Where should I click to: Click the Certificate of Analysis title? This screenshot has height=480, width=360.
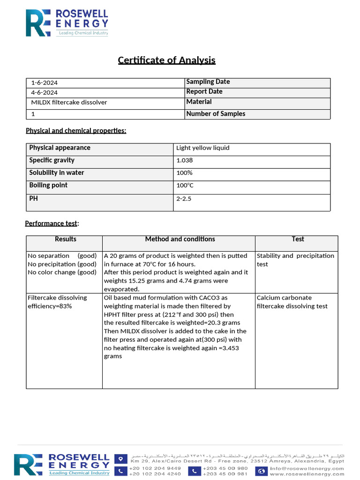pos(166,60)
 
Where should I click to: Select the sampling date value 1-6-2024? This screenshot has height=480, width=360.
pos(45,83)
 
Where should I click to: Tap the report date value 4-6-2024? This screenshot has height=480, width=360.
pos(45,93)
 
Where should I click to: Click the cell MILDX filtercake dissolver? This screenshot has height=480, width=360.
pos(69,103)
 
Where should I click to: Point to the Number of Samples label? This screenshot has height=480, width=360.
pos(216,114)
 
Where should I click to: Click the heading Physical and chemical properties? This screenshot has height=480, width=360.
pos(76,131)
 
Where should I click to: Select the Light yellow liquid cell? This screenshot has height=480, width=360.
pos(202,148)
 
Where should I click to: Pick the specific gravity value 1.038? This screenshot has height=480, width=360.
pos(184,160)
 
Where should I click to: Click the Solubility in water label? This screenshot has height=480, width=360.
pos(57,173)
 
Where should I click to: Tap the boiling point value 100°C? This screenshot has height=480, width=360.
pos(185,186)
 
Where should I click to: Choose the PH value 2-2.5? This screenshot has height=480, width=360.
pos(184,199)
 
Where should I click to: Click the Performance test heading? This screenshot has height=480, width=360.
pos(52,224)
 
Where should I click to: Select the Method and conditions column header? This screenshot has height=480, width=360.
pos(180,240)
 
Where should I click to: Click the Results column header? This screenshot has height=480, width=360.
pos(66,240)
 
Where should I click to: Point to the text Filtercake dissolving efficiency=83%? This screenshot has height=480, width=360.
pos(57,302)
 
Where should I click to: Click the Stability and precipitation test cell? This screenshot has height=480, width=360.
pos(295,260)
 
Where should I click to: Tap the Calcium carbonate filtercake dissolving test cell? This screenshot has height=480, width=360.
pos(292,302)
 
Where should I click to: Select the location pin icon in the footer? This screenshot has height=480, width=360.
pos(121,458)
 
